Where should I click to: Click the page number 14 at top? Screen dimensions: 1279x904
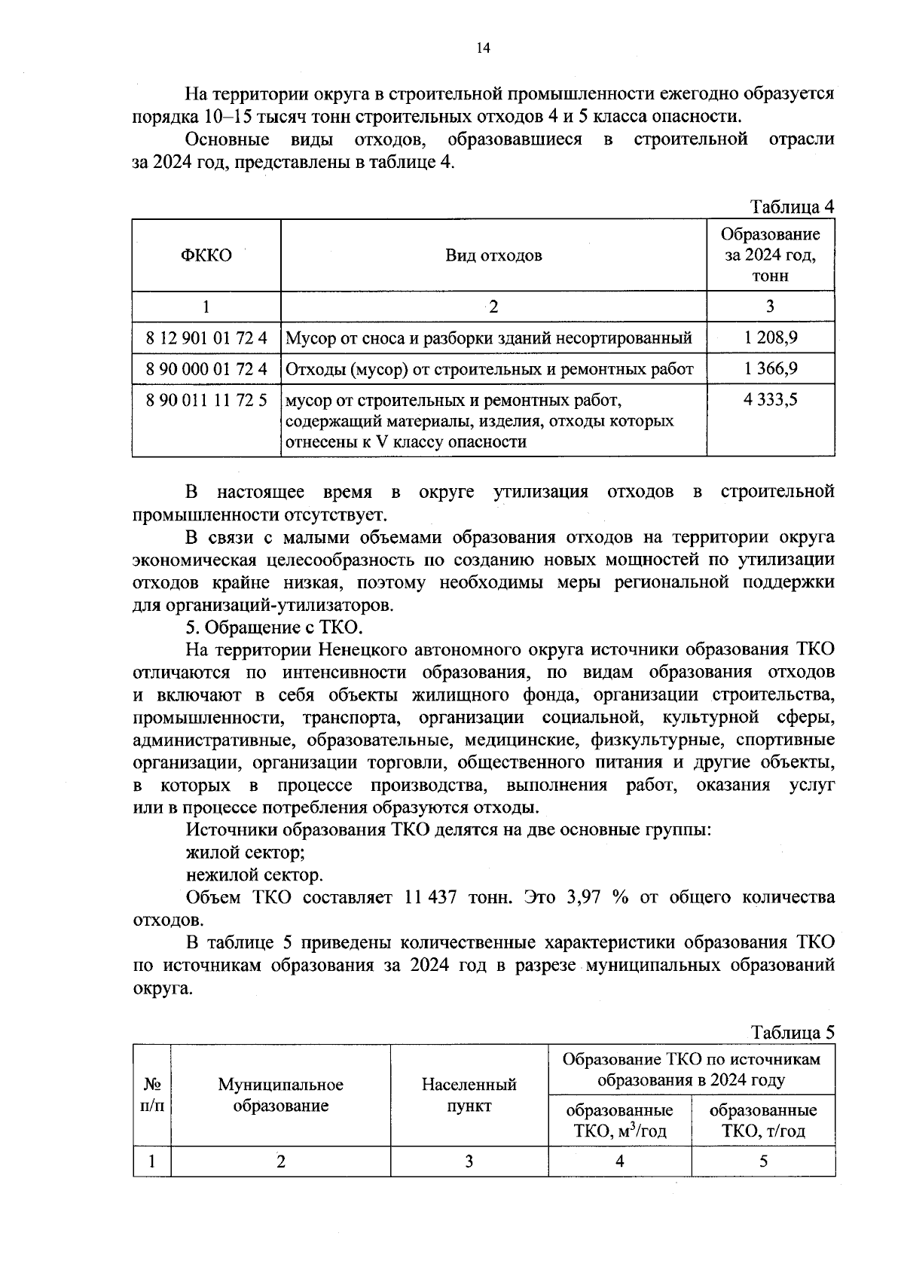483,49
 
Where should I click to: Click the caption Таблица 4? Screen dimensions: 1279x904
792,206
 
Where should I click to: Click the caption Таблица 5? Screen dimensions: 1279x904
792,1032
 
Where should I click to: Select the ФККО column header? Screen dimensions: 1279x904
206,255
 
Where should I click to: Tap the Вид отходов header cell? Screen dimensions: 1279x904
493,255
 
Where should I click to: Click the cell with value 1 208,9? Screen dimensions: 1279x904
770,337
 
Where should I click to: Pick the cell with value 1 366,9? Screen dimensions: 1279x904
770,369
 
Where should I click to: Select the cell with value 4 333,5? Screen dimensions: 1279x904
770,400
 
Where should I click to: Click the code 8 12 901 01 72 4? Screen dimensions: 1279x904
206,337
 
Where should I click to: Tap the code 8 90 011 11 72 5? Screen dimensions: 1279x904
206,400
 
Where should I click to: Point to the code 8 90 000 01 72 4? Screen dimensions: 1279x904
206,369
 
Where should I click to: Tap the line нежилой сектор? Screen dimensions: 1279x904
255,875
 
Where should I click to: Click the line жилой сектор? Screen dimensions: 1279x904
246,853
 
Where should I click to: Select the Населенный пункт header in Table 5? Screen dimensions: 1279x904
469,1095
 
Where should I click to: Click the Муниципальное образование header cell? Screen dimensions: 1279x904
280,1095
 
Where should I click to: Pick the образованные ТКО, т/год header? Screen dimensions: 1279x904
763,1121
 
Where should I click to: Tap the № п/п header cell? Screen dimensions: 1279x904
152,1095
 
